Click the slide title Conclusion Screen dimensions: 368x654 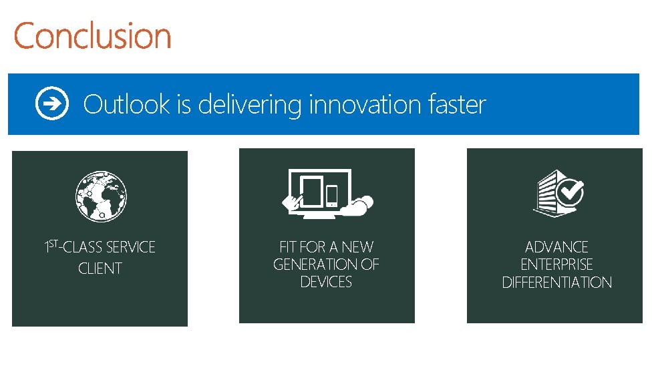pyautogui.click(x=92, y=35)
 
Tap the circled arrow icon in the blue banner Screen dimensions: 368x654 pyautogui.click(x=51, y=104)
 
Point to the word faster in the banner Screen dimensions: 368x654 pyautogui.click(x=460, y=104)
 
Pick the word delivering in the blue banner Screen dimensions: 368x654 pyautogui.click(x=250, y=106)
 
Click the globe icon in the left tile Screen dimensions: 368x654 pyautogui.click(x=101, y=196)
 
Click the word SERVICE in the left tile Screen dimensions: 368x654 pyautogui.click(x=130, y=248)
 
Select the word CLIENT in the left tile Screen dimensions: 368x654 pyautogui.click(x=100, y=268)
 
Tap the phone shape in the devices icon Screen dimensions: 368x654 pyautogui.click(x=332, y=195)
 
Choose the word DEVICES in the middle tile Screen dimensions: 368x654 pyautogui.click(x=326, y=282)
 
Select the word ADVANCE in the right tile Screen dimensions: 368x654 pyautogui.click(x=556, y=247)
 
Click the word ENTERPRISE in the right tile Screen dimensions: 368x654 pyautogui.click(x=556, y=264)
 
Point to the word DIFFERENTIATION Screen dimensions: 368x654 pyautogui.click(x=556, y=282)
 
